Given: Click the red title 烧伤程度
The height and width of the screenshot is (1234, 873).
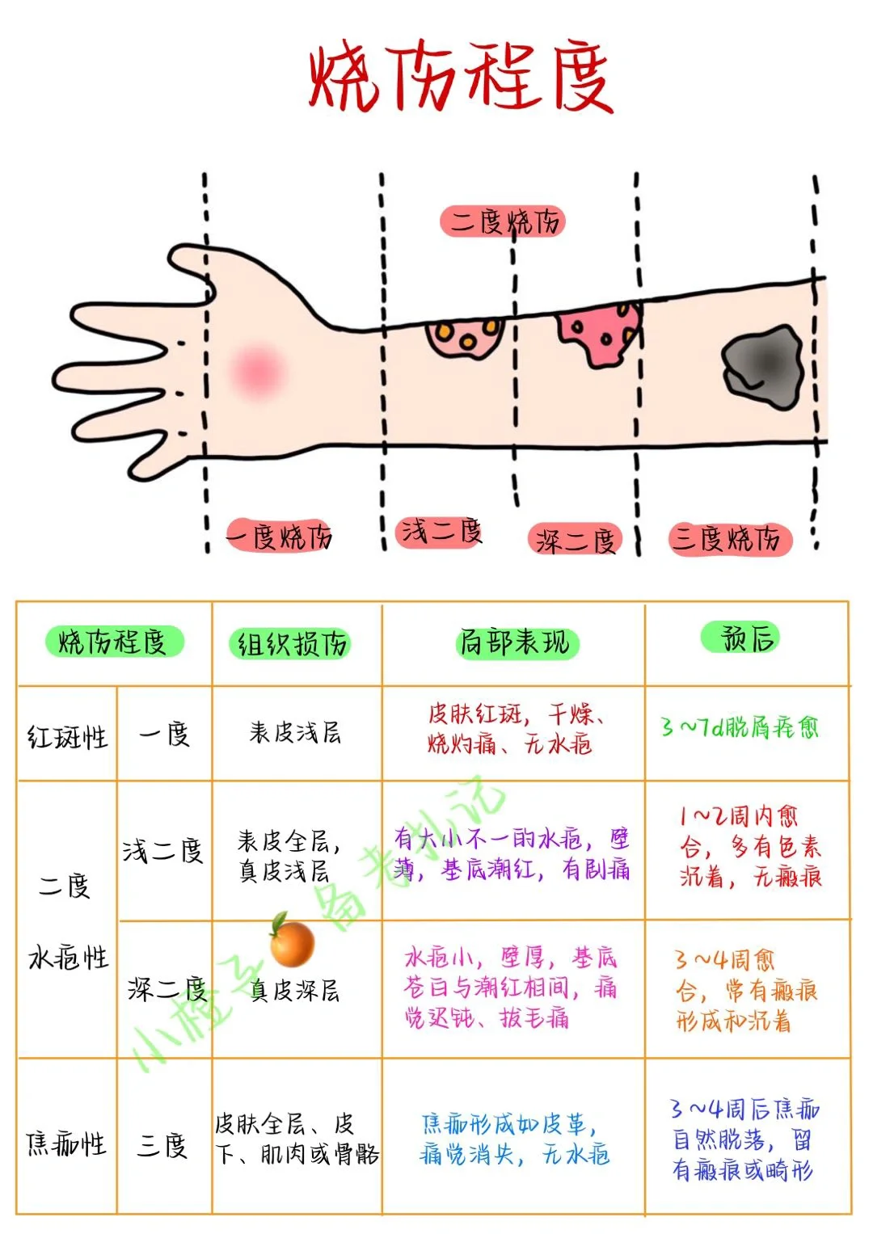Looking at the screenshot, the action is click(461, 78).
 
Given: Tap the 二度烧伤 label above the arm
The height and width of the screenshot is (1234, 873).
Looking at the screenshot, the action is click(504, 221).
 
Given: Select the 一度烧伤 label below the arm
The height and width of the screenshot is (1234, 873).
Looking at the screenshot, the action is click(279, 536).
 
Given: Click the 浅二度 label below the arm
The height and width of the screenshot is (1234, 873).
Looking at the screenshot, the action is click(441, 532).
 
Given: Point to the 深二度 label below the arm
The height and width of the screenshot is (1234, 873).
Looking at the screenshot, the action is click(576, 540).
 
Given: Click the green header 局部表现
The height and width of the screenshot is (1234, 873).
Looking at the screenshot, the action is click(515, 643).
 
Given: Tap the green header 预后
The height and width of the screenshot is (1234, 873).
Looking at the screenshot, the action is click(749, 638).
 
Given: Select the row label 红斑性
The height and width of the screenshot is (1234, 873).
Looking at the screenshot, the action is click(67, 736).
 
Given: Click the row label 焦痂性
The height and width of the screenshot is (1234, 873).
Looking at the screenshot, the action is click(66, 1143).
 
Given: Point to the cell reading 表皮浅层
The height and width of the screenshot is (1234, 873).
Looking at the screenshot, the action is click(295, 733).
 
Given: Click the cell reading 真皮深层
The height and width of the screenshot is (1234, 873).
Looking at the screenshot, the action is click(295, 991).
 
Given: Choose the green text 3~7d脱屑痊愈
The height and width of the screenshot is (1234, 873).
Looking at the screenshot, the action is click(740, 727).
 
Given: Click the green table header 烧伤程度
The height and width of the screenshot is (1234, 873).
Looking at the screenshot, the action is click(113, 642).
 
